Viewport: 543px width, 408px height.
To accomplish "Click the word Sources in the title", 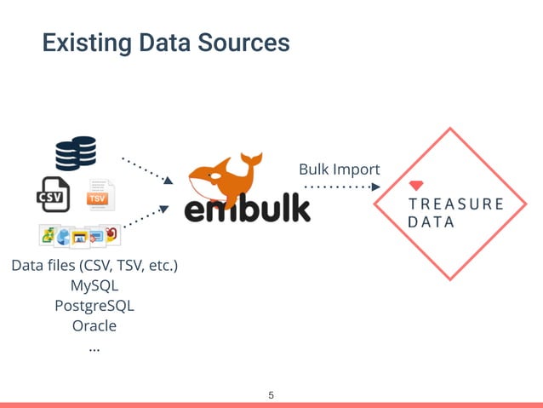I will click(247, 42).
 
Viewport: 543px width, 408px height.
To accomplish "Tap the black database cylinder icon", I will click(75, 153).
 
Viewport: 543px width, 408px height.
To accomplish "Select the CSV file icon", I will click(53, 195).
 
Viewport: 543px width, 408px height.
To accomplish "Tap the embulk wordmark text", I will click(248, 209).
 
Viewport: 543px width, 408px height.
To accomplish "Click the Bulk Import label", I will click(339, 170).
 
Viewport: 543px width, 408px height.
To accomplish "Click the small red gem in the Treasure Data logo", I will click(416, 186).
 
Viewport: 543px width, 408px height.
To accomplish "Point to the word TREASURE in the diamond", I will click(456, 204).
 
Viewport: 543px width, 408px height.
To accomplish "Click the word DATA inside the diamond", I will click(432, 222).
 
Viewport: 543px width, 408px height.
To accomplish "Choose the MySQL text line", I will click(94, 285).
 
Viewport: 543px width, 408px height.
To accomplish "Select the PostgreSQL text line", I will click(94, 305).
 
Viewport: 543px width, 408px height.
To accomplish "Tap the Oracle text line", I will click(94, 325).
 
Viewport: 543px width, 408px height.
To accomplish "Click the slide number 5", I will click(271, 395).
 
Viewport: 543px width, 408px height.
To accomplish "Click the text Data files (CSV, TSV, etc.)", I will click(94, 266).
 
